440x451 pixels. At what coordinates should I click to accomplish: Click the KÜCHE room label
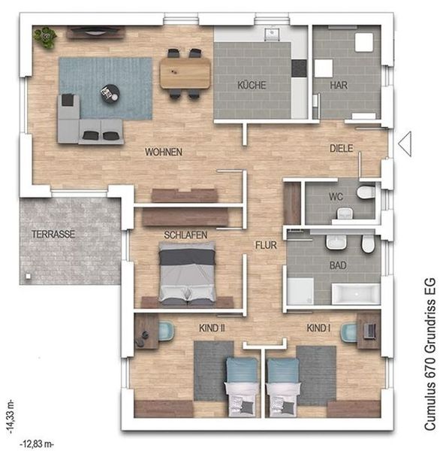[252, 85]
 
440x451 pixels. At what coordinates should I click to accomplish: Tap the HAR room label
[339, 85]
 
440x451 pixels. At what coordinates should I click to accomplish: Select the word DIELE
[342, 148]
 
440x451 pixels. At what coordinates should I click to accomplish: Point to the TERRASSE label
[53, 234]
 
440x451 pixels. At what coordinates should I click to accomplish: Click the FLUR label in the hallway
[266, 245]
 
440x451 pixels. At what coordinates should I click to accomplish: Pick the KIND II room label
[212, 328]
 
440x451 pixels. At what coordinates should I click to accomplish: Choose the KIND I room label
[318, 328]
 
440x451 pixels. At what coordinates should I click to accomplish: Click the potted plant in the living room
[45, 38]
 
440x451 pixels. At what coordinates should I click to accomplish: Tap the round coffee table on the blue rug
[110, 93]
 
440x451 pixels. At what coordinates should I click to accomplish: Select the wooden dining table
[185, 72]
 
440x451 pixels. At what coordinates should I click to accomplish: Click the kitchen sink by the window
[271, 33]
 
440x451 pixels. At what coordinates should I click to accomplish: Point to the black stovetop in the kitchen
[299, 68]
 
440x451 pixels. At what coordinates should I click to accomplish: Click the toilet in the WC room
[366, 192]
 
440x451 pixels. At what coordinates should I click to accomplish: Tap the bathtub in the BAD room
[356, 294]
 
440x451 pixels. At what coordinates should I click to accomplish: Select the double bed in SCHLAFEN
[187, 274]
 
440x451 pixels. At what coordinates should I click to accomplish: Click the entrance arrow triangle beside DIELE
[405, 144]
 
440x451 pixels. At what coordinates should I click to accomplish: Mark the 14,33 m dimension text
[11, 416]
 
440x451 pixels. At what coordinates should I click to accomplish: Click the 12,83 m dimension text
[37, 444]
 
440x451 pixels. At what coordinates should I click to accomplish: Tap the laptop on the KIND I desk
[369, 331]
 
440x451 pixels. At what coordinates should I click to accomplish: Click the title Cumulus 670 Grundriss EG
[430, 354]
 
